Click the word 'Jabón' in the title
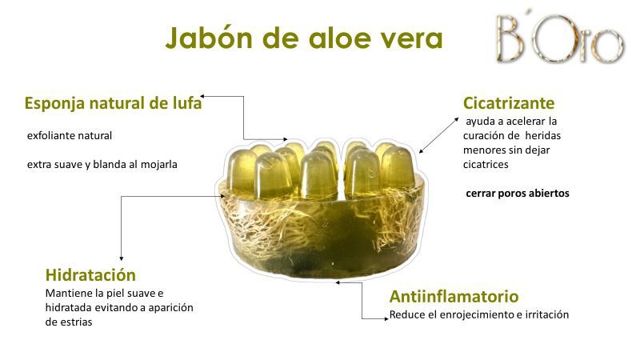(209, 38)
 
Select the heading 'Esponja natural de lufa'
(113, 103)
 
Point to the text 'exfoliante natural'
(70, 135)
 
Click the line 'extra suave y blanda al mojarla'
(102, 165)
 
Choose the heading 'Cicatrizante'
(509, 103)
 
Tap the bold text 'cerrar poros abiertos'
(517, 193)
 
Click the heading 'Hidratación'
(90, 274)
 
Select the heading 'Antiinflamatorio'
(454, 296)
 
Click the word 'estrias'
(74, 322)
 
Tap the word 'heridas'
(543, 135)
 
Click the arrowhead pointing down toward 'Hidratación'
(122, 258)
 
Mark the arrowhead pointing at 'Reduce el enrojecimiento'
(386, 318)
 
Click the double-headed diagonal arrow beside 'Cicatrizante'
(439, 135)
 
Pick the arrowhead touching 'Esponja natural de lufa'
(202, 96)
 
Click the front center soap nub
(318, 175)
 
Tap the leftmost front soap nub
(242, 170)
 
